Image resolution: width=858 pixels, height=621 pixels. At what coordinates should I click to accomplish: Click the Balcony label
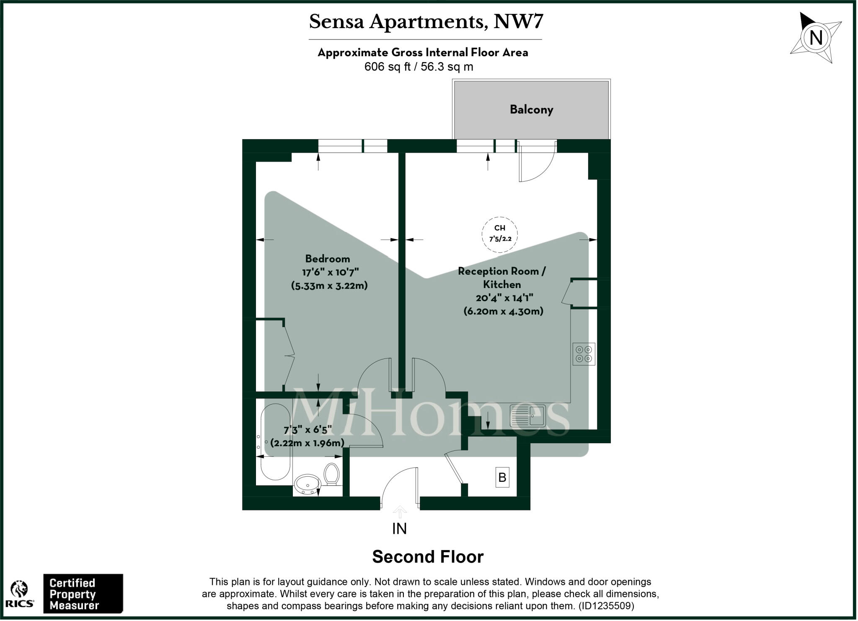(531, 110)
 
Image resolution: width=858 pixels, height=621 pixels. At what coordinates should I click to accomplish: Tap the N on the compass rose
(816, 38)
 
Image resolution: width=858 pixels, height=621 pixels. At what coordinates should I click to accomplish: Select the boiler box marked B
(502, 477)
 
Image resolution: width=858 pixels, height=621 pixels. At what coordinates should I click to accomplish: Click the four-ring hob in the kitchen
(584, 354)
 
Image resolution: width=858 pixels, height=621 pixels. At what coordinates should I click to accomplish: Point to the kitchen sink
(527, 416)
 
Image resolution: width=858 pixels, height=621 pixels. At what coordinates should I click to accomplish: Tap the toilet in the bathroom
(332, 474)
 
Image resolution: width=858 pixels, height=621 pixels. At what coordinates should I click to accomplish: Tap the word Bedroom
(327, 259)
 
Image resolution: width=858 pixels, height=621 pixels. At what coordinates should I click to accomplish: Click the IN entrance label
(399, 529)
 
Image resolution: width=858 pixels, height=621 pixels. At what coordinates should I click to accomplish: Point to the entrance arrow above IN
(400, 511)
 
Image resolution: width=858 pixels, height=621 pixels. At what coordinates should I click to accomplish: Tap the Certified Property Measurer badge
(83, 594)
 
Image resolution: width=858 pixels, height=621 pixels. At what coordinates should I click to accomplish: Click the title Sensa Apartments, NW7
(426, 22)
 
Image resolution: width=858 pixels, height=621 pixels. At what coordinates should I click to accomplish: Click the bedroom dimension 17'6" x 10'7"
(331, 273)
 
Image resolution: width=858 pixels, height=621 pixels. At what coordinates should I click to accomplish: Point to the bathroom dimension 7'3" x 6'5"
(308, 430)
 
